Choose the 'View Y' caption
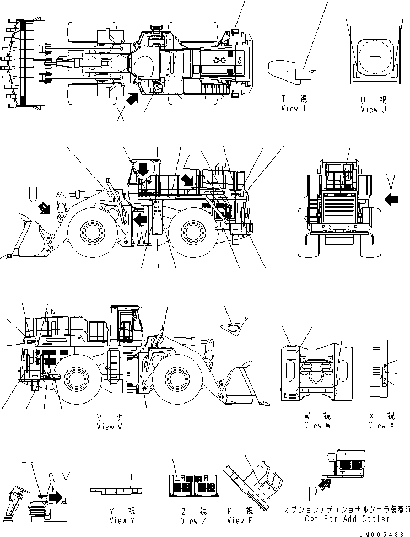click(x=118, y=520)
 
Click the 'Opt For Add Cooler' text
click(x=347, y=519)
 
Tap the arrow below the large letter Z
click(x=187, y=179)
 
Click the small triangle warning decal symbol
click(x=233, y=329)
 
